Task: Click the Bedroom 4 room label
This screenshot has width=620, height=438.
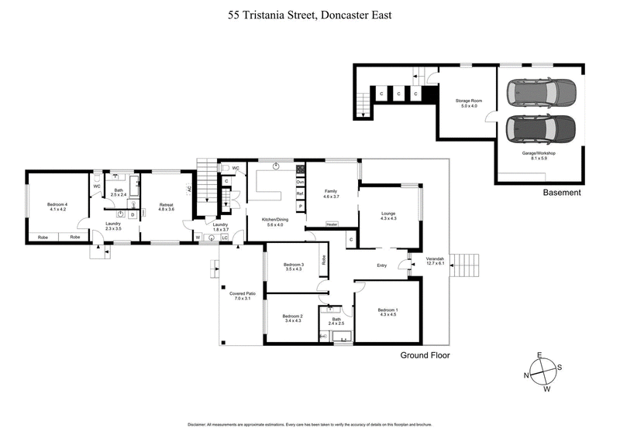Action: (x=58, y=206)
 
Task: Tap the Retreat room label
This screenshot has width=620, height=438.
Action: (x=167, y=206)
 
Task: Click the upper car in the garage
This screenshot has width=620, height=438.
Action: (x=541, y=94)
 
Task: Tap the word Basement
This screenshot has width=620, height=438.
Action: (x=562, y=193)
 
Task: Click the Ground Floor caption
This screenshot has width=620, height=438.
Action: (x=425, y=355)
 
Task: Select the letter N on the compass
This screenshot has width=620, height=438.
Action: (x=528, y=376)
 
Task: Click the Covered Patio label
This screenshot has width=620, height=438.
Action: (x=243, y=296)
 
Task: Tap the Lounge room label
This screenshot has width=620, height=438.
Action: (x=388, y=215)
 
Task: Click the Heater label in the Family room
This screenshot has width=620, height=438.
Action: (x=332, y=224)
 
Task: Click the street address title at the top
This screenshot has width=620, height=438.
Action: (x=309, y=14)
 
